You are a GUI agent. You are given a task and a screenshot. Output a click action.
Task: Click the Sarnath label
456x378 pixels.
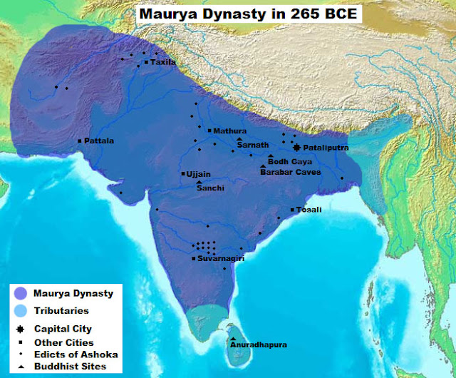click(253, 145)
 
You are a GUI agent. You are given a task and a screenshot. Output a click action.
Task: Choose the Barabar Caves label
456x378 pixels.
click(290, 172)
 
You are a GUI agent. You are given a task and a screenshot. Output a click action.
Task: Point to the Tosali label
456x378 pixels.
click(310, 210)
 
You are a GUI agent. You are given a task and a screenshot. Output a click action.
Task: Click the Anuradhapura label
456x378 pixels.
click(258, 345)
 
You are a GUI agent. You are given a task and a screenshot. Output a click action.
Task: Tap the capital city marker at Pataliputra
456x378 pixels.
click(296, 147)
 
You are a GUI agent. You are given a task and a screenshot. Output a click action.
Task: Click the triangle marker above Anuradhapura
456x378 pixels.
click(233, 338)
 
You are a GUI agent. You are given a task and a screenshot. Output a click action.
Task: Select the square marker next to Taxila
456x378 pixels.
click(146, 63)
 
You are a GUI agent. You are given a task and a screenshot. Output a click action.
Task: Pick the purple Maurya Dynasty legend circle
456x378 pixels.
click(21, 293)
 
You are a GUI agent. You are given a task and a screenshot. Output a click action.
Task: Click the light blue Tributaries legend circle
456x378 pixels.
click(21, 311)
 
